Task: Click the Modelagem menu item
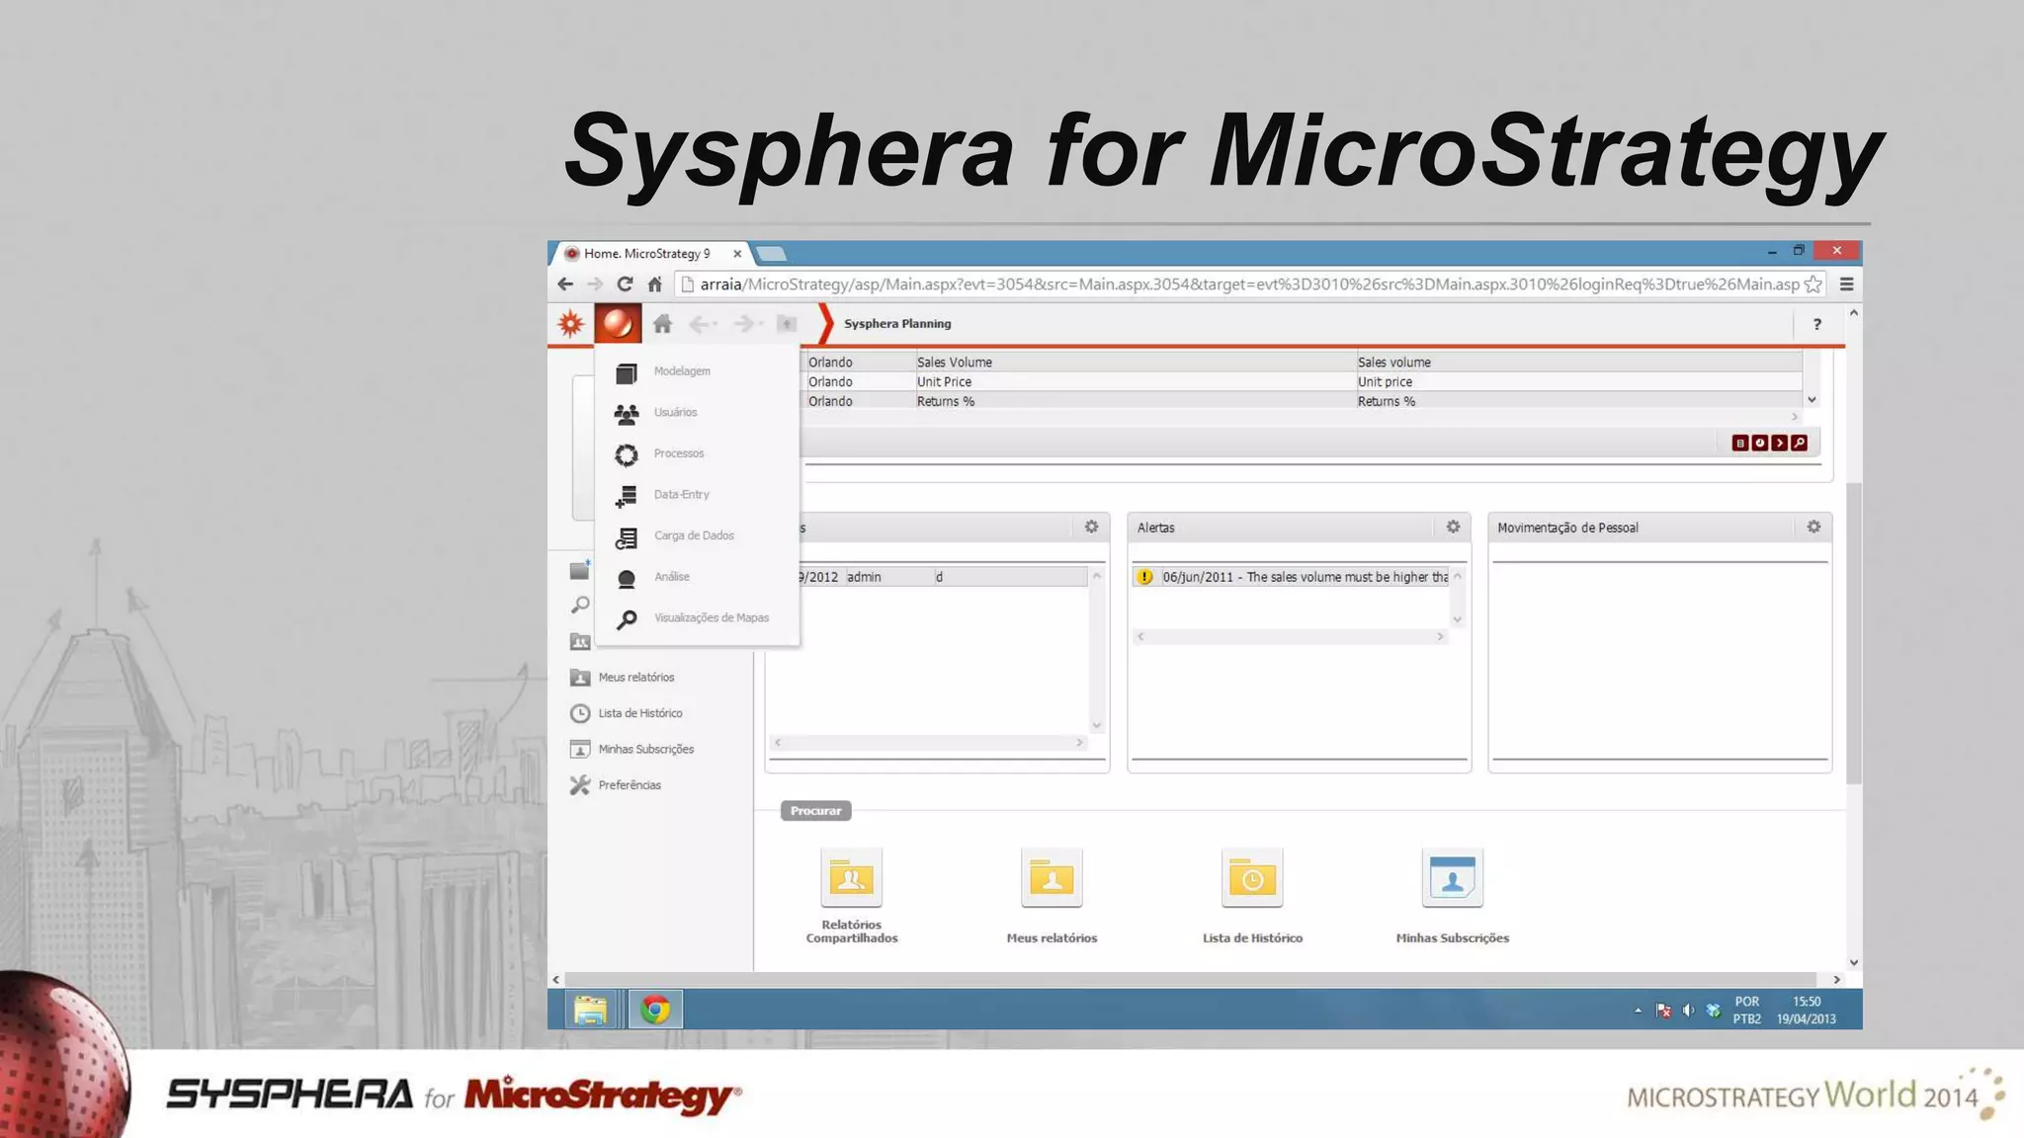tap(681, 371)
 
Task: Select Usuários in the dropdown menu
tap(675, 413)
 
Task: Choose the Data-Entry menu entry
tap(681, 495)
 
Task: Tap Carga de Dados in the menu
tap(693, 535)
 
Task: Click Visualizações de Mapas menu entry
tap(711, 618)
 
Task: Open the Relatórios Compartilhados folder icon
tap(851, 877)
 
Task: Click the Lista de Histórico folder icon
tap(1252, 877)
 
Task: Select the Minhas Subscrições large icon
tap(1452, 877)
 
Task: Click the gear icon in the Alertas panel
tap(1453, 528)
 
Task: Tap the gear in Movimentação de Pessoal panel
tap(1813, 528)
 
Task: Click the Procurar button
tap(815, 811)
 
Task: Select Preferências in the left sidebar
tap(630, 785)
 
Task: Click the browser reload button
tap(625, 284)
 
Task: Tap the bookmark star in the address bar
tap(1813, 284)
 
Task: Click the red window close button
tap(1837, 251)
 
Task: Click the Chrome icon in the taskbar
tap(654, 1010)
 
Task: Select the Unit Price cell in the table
tap(944, 382)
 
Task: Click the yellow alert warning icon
tap(1144, 577)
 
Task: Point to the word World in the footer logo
tap(1870, 1095)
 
